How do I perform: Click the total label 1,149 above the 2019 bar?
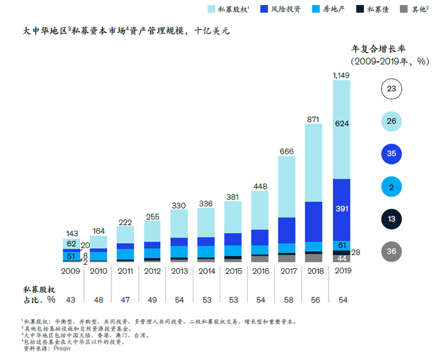click(341, 75)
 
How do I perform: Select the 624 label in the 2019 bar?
click(342, 123)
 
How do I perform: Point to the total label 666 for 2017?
click(287, 151)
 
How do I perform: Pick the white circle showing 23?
click(392, 89)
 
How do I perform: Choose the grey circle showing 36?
click(392, 251)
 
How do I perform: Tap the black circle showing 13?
click(392, 219)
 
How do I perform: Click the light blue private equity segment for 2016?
click(260, 209)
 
